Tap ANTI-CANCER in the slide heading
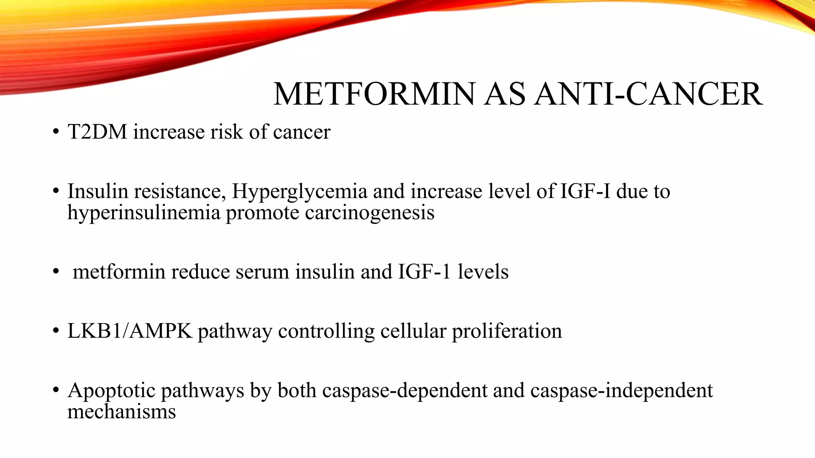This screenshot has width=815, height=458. [x=648, y=94]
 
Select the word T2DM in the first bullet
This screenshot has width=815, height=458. [x=97, y=132]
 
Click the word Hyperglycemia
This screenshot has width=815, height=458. [x=299, y=192]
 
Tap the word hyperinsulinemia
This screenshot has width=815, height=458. [x=144, y=212]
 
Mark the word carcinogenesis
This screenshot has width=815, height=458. [x=370, y=212]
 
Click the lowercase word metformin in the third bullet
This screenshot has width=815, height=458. [x=118, y=272]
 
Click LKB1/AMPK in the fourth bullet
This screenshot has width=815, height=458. [x=130, y=331]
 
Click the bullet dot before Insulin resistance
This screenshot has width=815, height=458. [x=56, y=192]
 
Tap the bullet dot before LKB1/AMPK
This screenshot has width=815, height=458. [x=56, y=331]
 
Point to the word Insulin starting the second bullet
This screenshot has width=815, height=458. [x=97, y=191]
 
